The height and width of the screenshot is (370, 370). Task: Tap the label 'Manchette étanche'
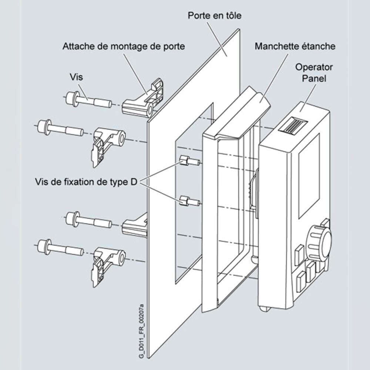point(295,47)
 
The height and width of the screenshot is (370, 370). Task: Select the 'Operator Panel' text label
point(314,73)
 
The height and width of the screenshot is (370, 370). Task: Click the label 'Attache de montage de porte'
point(124,47)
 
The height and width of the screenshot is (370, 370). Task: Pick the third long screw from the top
point(88,221)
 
